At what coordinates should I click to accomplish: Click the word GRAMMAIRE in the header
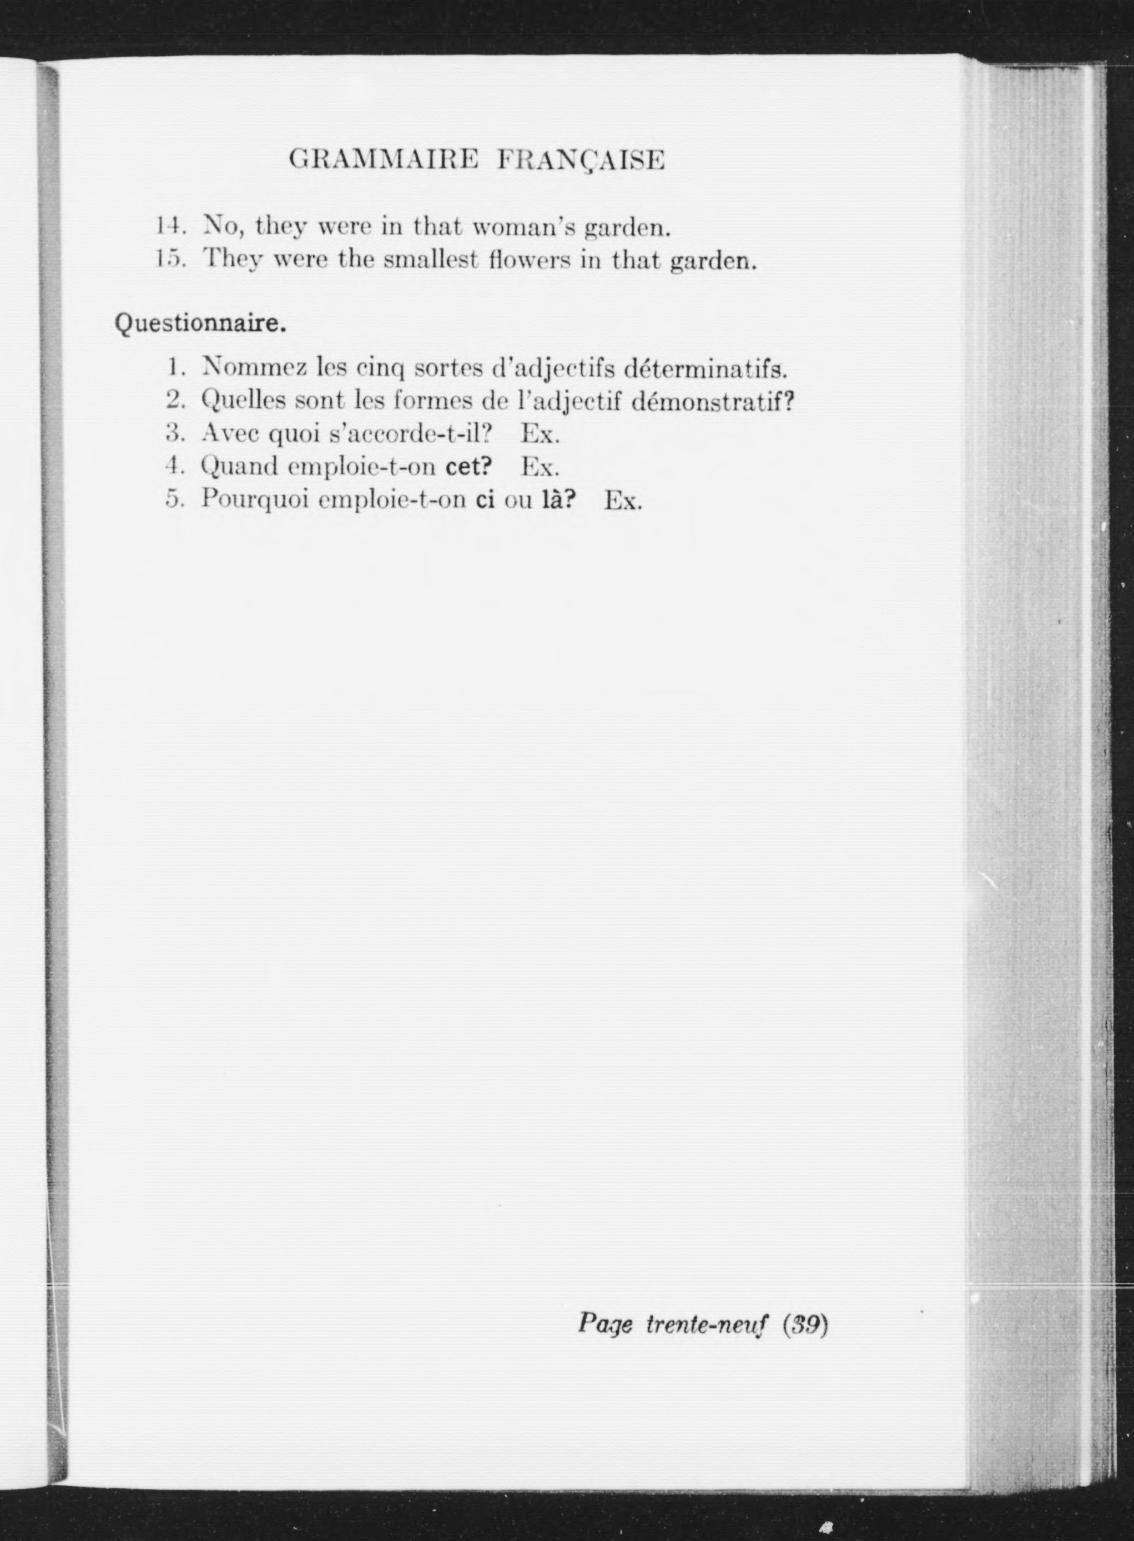[x=383, y=160]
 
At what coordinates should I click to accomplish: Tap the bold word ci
[x=485, y=500]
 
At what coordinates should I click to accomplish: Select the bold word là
[x=557, y=500]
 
